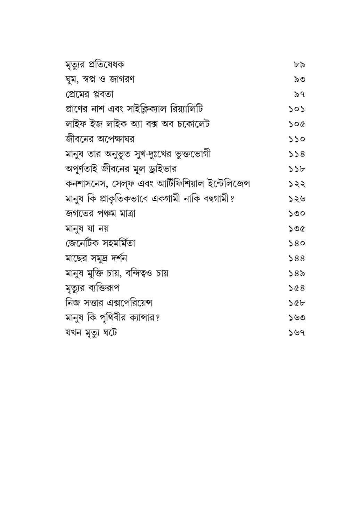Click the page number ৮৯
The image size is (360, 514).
(299, 65)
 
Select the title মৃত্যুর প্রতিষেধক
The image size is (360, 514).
(95, 65)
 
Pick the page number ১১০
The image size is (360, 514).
(297, 139)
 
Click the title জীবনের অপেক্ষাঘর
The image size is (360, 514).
(100, 139)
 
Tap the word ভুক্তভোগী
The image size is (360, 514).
(195, 154)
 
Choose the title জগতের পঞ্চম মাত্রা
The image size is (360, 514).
(100, 213)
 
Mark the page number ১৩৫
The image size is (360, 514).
(297, 228)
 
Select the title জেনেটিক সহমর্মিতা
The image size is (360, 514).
(100, 243)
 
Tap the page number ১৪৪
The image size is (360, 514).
(297, 258)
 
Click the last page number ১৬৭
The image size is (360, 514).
(297, 333)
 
